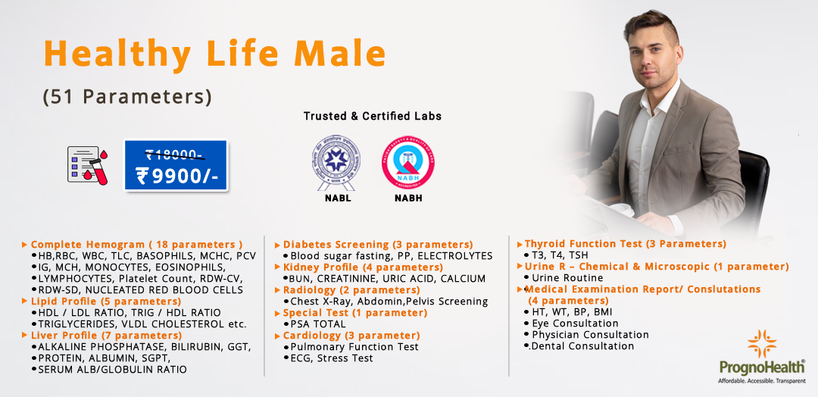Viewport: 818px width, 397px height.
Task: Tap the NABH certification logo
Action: point(408,161)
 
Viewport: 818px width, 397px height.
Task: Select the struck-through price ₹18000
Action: point(175,155)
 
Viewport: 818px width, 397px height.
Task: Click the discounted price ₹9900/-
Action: point(176,175)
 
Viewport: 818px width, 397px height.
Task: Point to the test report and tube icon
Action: point(87,166)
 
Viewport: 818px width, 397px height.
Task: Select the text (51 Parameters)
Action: point(127,97)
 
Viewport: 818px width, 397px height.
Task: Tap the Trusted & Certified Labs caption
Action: point(372,116)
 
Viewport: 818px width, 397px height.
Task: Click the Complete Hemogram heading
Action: point(136,245)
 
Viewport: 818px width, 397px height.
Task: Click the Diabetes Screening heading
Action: point(377,245)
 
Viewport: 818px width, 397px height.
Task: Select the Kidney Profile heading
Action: point(363,267)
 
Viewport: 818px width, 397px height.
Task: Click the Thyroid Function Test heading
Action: point(625,244)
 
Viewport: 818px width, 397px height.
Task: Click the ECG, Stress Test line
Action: point(332,358)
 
